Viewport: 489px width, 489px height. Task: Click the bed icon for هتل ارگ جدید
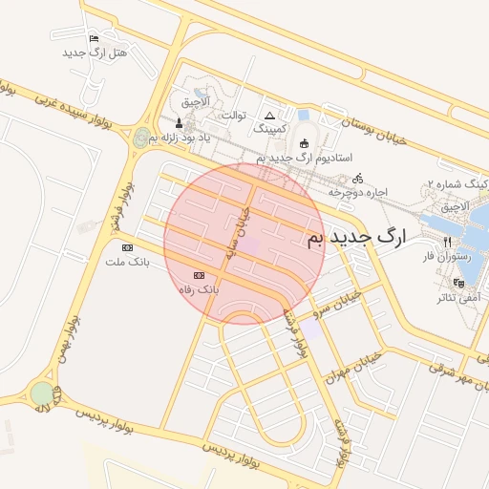(x=93, y=39)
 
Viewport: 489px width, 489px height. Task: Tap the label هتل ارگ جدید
(x=95, y=53)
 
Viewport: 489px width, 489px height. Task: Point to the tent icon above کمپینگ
(x=269, y=115)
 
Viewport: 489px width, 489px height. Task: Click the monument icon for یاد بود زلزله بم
(x=179, y=123)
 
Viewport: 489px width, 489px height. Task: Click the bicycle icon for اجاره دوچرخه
(x=358, y=178)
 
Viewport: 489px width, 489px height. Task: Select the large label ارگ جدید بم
(x=355, y=236)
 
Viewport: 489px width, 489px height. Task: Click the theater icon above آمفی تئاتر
(x=459, y=283)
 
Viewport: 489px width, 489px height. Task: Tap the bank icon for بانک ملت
(x=127, y=246)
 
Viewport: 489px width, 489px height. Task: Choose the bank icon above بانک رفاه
(x=199, y=274)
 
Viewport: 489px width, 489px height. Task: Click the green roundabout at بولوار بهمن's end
(x=41, y=393)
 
